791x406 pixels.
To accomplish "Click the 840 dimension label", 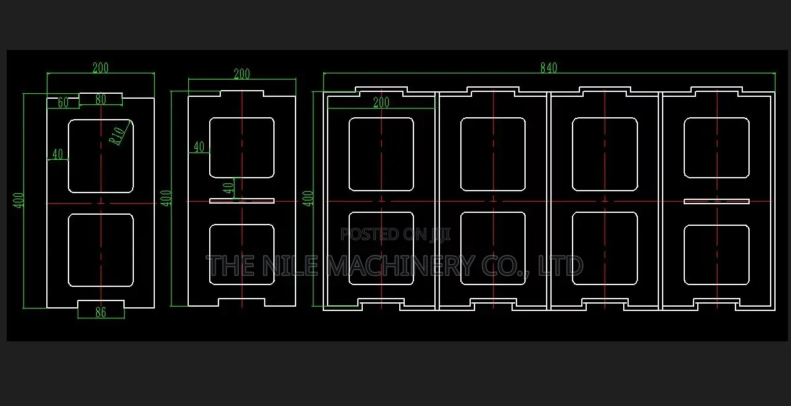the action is click(x=549, y=67).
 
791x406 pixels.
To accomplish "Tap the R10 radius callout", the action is click(x=117, y=136).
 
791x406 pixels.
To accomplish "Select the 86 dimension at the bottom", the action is click(x=101, y=312).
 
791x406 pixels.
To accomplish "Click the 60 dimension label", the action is click(x=63, y=102).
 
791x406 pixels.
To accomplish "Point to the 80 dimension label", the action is click(x=101, y=99).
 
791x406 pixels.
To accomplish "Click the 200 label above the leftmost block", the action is click(x=101, y=67).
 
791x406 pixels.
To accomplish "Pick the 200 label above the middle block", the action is click(x=242, y=74).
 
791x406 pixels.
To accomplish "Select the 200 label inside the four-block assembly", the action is click(x=381, y=102).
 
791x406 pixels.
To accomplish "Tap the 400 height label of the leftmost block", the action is click(x=19, y=200).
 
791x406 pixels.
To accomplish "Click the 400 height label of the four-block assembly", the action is click(x=307, y=199).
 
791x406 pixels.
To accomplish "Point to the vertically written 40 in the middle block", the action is click(x=228, y=188).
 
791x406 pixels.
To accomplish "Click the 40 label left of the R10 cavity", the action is click(x=57, y=154).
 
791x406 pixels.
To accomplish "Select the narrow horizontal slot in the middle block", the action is click(x=242, y=201).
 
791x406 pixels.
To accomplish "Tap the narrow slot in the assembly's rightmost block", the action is click(x=716, y=201).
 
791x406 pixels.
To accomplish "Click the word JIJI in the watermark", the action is click(x=440, y=234).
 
